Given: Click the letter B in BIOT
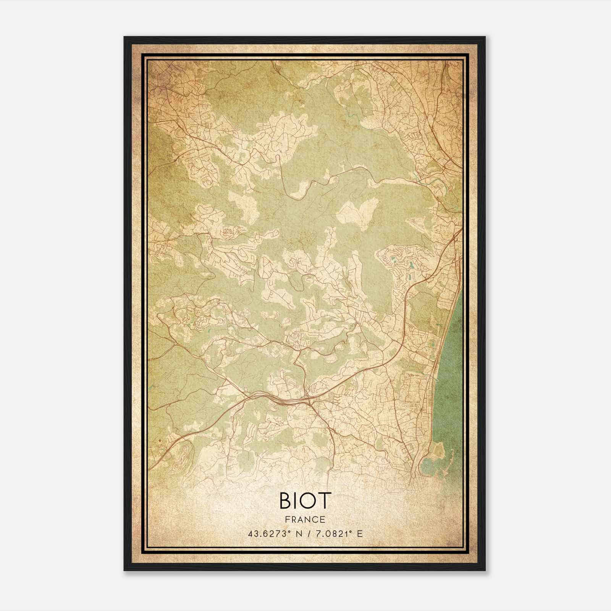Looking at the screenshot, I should (286, 501).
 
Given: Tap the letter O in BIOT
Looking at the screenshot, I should (308, 501).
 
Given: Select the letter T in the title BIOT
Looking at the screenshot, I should (324, 501).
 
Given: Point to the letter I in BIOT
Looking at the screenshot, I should (296, 501).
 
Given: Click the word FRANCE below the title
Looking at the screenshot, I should (305, 519).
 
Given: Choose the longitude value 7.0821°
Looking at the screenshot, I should (331, 534).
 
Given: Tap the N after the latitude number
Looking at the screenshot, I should (294, 534).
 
